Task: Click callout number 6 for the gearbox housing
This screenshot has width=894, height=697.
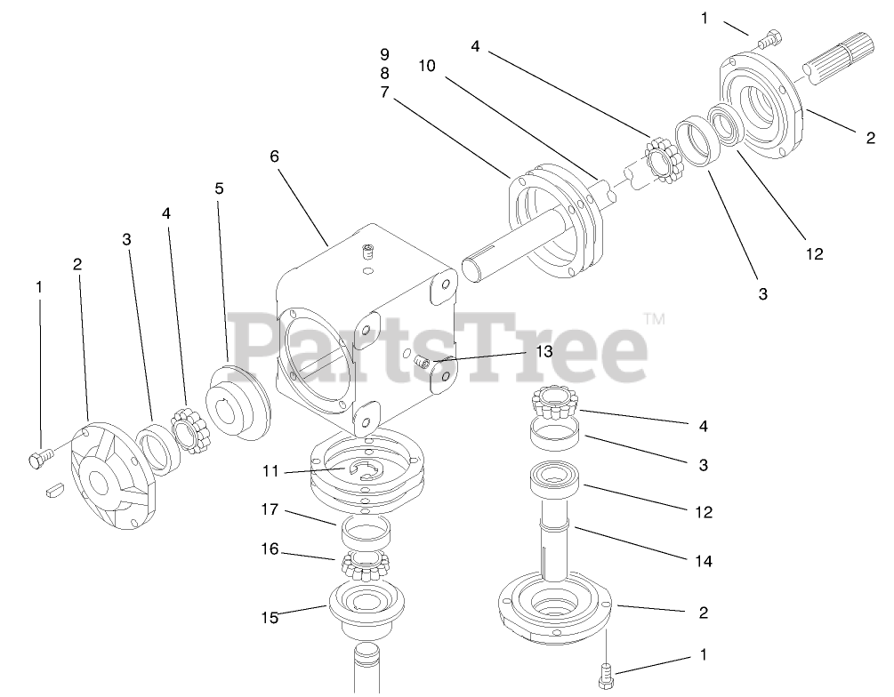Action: pyautogui.click(x=274, y=156)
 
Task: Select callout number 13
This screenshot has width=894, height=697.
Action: pyautogui.click(x=544, y=351)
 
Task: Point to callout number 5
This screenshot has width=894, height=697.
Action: pyautogui.click(x=219, y=188)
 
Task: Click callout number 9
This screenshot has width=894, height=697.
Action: pyautogui.click(x=384, y=53)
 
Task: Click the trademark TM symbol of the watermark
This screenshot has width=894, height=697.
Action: pyautogui.click(x=654, y=317)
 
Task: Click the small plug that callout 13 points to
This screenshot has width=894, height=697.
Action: pyautogui.click(x=423, y=362)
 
